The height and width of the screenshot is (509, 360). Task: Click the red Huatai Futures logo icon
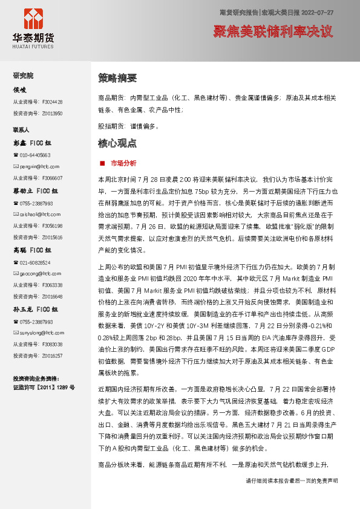point(33,18)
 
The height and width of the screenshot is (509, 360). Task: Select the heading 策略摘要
point(117,78)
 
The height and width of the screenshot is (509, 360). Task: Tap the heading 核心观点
point(117,143)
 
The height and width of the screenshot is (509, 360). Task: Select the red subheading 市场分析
point(123,163)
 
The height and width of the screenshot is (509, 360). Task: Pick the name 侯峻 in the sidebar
point(20,89)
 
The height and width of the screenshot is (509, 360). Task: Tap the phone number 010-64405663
point(36,155)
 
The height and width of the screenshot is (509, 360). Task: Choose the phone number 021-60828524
point(36,262)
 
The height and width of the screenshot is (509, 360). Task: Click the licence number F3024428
point(52,102)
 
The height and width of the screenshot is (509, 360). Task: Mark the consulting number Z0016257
point(52,355)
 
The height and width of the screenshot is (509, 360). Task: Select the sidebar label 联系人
point(21,130)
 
